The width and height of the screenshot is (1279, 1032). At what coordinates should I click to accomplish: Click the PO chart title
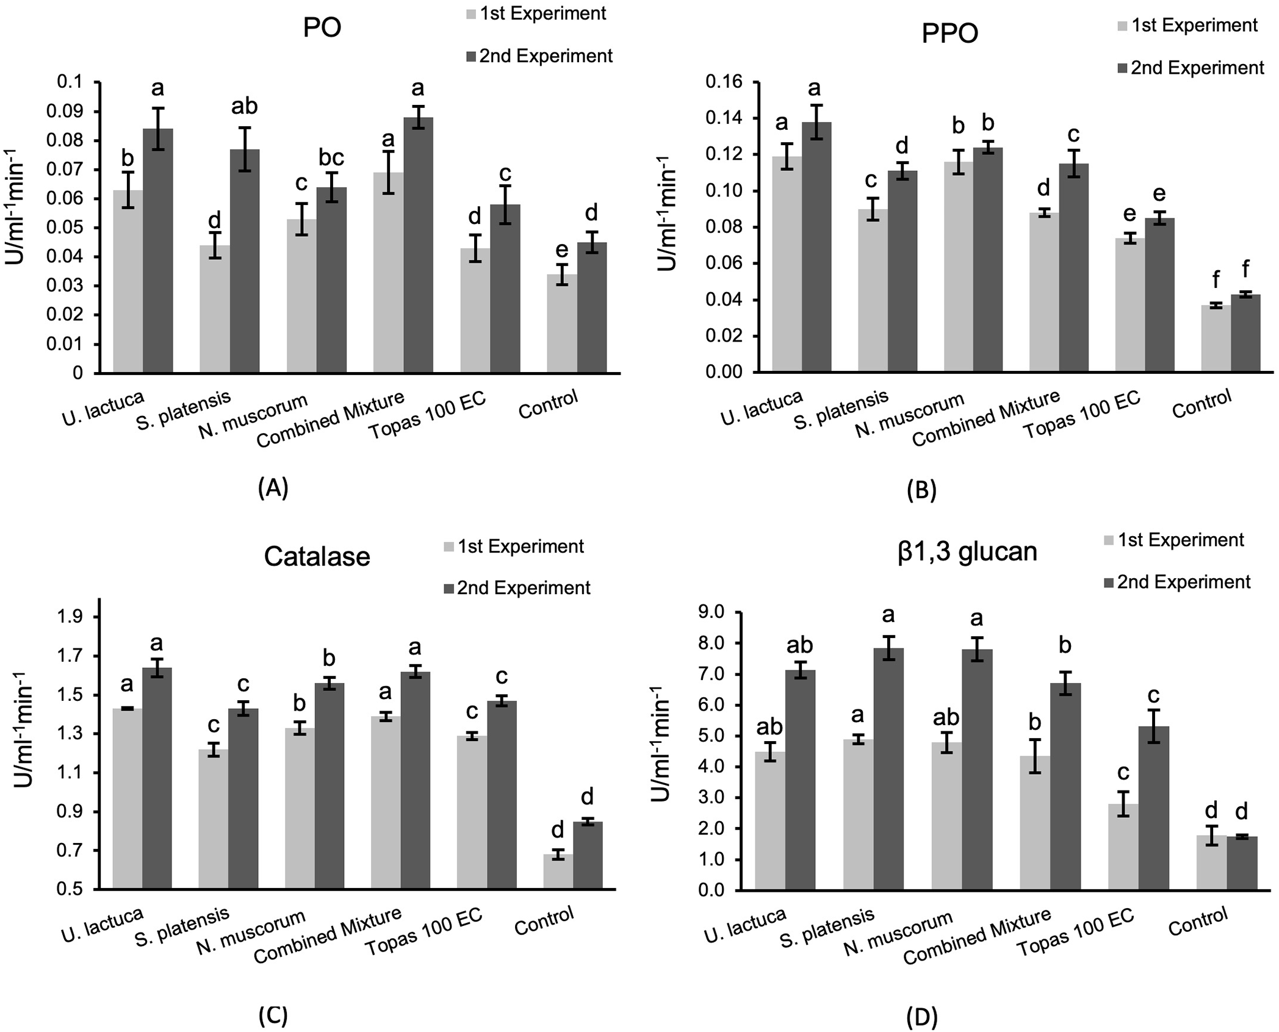click(322, 28)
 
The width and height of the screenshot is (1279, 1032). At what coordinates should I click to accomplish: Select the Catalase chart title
click(317, 557)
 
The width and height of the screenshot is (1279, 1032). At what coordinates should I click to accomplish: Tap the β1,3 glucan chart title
click(967, 551)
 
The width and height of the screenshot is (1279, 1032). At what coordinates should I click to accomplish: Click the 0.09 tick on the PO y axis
click(69, 112)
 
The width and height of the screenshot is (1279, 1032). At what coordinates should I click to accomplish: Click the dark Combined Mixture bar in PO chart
click(418, 244)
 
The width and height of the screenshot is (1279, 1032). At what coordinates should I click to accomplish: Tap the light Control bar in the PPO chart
click(1216, 339)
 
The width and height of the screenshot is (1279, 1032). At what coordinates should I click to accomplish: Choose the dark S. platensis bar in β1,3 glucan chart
click(888, 769)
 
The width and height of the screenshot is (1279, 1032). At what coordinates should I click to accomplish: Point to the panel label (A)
click(273, 488)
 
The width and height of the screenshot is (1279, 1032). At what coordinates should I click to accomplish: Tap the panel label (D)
click(922, 1017)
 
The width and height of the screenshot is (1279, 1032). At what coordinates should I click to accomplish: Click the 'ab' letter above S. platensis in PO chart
click(244, 107)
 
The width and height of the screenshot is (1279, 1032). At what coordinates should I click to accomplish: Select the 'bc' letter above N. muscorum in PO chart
click(331, 158)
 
